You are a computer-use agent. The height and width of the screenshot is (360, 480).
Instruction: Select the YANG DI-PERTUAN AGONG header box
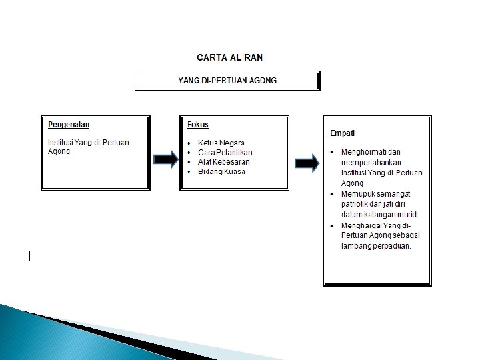227,81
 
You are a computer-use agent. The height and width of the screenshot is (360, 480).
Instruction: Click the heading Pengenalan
69,125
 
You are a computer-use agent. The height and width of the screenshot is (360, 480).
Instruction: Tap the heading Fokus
198,125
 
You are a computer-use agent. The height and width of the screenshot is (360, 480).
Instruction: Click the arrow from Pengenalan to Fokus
166,159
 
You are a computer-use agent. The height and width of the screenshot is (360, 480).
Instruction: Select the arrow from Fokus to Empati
307,163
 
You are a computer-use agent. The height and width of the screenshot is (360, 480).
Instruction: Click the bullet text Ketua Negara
221,143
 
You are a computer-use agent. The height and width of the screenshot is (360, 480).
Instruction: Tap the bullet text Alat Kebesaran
224,162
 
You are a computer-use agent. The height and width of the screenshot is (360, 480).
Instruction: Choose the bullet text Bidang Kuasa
222,171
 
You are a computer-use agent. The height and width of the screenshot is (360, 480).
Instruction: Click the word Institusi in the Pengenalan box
61,142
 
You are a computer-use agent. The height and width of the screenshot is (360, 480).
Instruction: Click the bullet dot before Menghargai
333,225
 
